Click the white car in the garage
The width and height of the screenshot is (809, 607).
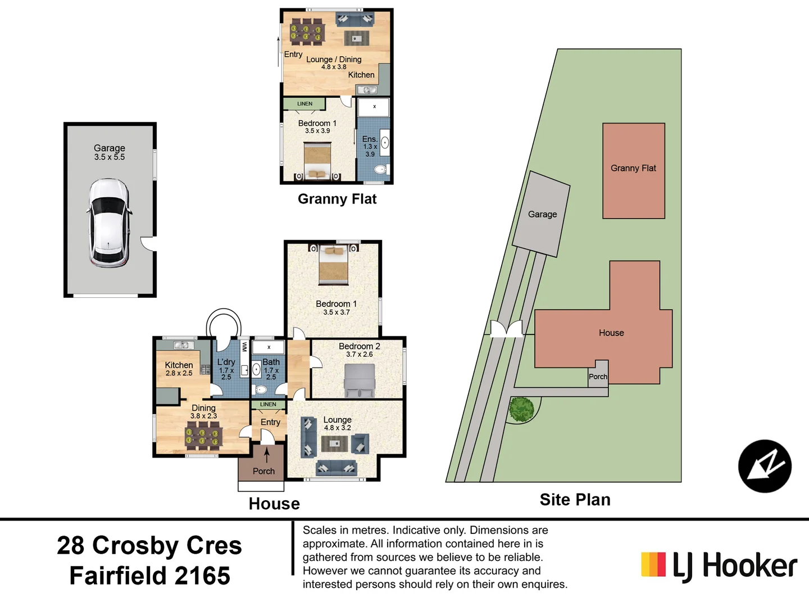pyautogui.click(x=110, y=223)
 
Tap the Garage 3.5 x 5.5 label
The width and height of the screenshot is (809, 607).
pyautogui.click(x=110, y=152)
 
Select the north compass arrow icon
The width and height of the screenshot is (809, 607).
pyautogui.click(x=765, y=466)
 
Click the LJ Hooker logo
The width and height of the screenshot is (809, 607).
pyautogui.click(x=719, y=565)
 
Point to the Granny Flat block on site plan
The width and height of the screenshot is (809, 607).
pyautogui.click(x=633, y=170)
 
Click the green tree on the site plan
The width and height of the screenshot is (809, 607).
pyautogui.click(x=521, y=409)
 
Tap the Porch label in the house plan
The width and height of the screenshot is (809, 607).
pyautogui.click(x=263, y=471)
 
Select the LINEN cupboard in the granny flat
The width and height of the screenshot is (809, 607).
pyautogui.click(x=304, y=103)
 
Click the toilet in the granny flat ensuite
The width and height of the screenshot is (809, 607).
pyautogui.click(x=380, y=169)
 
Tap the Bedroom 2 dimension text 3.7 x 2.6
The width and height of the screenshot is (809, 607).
pyautogui.click(x=359, y=355)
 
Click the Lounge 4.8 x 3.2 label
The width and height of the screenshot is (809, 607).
pyautogui.click(x=337, y=423)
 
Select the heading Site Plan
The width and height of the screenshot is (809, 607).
pyautogui.click(x=575, y=500)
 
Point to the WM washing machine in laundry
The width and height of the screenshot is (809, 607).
pyautogui.click(x=244, y=346)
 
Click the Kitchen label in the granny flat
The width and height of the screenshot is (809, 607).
pyautogui.click(x=361, y=75)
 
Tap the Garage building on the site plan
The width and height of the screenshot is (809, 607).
pyautogui.click(x=542, y=214)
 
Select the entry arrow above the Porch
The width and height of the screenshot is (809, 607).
pyautogui.click(x=267, y=454)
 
